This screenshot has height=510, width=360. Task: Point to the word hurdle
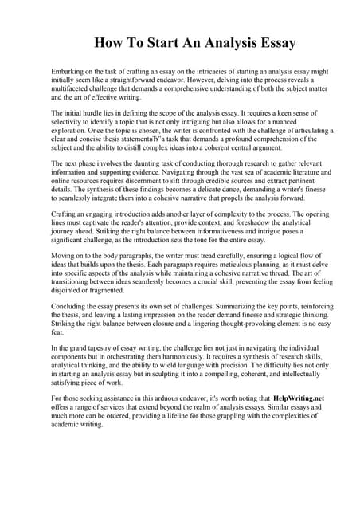coord(105,114)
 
